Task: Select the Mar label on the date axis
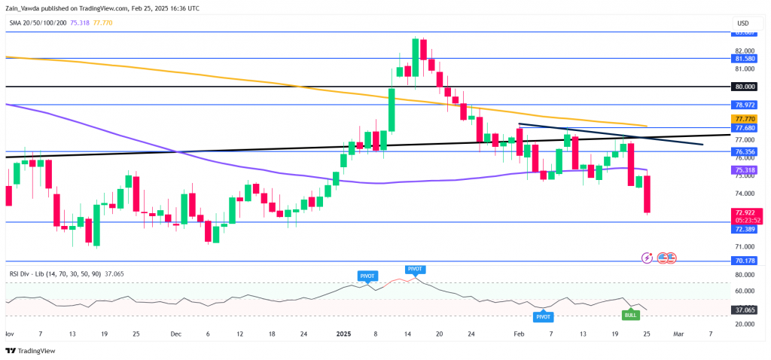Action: [678, 333]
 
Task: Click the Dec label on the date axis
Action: [175, 333]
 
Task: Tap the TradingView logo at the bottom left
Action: [32, 350]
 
